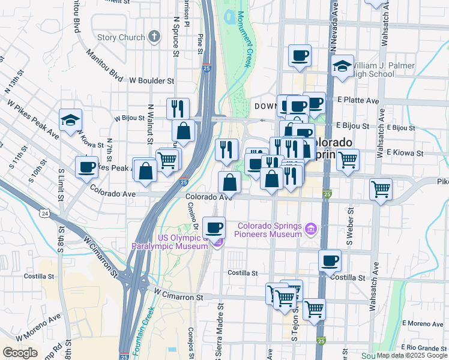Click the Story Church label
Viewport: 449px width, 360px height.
[x=121, y=37]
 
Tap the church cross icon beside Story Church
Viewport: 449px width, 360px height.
[x=154, y=37]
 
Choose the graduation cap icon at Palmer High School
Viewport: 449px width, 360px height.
[x=342, y=66]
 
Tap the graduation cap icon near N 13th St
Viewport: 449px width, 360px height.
[x=70, y=119]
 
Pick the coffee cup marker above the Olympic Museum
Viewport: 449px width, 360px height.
[x=214, y=227]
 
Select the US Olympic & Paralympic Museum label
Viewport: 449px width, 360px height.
[x=172, y=242]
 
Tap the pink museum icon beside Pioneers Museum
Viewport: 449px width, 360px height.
[x=310, y=229]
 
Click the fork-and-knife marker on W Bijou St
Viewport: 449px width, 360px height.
[x=178, y=109]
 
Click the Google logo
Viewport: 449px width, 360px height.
[x=20, y=353]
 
